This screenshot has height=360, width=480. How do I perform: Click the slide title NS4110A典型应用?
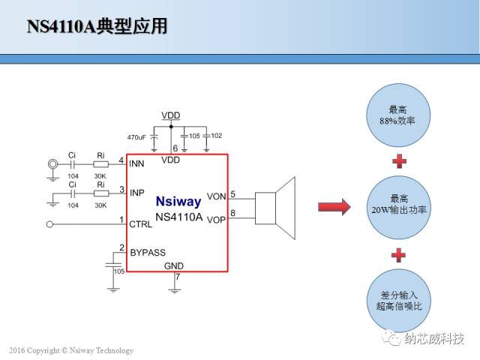97,27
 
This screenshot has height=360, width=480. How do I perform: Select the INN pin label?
136,163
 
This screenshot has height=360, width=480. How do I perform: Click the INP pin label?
136,193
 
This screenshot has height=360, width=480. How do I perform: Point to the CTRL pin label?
140,223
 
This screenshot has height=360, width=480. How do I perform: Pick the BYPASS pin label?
148,253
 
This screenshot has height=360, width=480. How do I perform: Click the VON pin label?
216,196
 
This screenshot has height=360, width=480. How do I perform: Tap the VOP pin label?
216,219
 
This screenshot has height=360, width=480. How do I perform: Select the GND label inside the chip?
173,265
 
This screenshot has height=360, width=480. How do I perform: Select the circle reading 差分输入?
398,300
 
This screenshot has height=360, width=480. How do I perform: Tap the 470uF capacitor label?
136,137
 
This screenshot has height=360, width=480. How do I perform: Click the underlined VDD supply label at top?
171,115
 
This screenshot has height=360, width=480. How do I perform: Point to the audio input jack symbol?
52,164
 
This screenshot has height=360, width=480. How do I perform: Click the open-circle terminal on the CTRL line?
50,224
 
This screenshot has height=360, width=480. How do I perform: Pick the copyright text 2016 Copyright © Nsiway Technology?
70,350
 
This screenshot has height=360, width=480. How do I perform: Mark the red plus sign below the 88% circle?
399,160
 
